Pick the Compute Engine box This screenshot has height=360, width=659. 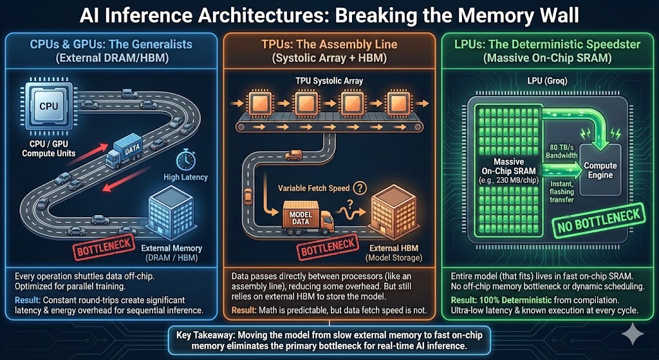[600, 170]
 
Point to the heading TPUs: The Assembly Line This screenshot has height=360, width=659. [329, 44]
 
